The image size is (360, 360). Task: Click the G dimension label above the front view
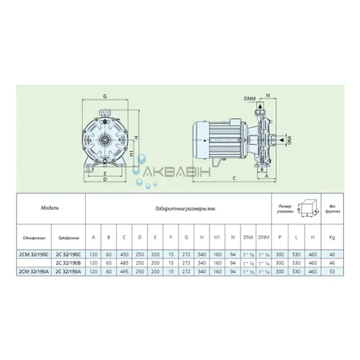104,96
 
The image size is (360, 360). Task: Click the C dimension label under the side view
234,178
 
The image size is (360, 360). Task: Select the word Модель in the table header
50,209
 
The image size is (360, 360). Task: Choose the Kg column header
331,238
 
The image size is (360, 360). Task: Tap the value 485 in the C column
124,262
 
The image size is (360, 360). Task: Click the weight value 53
331,270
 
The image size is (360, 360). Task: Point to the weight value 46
331,262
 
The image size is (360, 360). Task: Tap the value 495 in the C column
124,270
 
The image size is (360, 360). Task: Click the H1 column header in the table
218,238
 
